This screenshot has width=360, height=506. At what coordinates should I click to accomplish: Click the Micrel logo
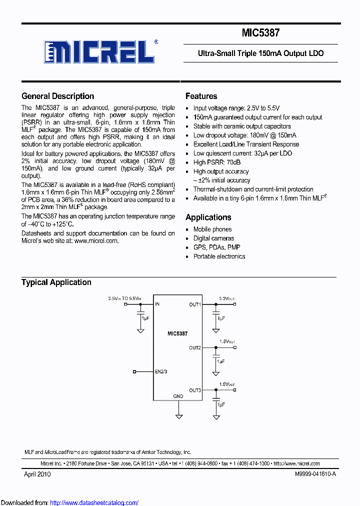pos(98,51)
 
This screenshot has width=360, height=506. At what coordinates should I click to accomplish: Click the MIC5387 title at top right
pos(260,33)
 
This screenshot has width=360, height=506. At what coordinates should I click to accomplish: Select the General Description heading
pos(57,96)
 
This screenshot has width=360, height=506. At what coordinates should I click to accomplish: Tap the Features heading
pos(201,96)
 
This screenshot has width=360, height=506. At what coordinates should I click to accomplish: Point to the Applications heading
pos(208,217)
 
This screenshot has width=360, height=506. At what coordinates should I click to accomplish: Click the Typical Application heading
pos(56,282)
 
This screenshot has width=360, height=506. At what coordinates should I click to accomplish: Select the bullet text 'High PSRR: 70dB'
pos(217,162)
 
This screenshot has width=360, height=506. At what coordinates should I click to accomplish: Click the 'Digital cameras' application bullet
pos(213,238)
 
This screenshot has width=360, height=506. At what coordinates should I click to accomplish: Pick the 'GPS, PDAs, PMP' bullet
pos(216,247)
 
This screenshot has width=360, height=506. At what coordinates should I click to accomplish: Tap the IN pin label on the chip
pos(157,304)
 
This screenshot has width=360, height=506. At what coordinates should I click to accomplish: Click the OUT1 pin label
pos(195,304)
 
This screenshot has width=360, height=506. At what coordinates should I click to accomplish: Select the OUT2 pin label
pos(195,347)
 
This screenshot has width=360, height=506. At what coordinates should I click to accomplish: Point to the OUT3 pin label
pos(195,390)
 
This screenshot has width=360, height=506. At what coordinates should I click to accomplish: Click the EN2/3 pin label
pos(161,372)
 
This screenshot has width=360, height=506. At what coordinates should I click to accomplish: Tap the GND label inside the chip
pos(178,396)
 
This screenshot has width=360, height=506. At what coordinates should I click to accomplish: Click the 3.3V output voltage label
pos(226,298)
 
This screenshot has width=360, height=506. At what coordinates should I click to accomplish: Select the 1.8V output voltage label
pos(226,342)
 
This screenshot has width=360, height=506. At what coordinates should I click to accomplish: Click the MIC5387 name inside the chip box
pos(177,333)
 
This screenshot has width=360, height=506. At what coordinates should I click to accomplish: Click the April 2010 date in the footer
pos(37,474)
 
